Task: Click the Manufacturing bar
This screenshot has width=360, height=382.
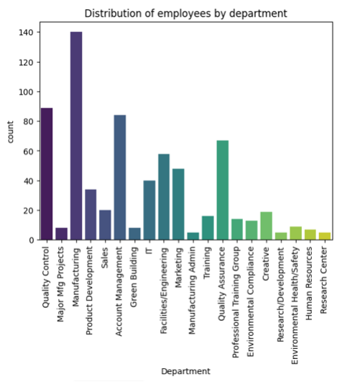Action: (x=76, y=136)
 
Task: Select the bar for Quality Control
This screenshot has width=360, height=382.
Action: (x=47, y=174)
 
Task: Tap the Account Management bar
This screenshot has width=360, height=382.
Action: (x=120, y=178)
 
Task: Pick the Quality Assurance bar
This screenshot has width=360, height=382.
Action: (x=223, y=190)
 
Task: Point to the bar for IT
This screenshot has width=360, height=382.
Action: (x=149, y=210)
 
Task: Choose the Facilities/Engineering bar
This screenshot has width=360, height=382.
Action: (x=164, y=197)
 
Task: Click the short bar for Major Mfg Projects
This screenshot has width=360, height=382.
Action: (x=61, y=234)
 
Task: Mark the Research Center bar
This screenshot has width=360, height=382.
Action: (x=325, y=236)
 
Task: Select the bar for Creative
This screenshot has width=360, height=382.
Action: (x=267, y=226)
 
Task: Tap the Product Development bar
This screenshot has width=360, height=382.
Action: (x=91, y=214)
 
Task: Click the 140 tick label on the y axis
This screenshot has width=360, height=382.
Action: (x=26, y=32)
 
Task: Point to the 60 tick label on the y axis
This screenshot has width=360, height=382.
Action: (x=28, y=151)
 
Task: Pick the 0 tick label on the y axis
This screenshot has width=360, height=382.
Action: (x=32, y=240)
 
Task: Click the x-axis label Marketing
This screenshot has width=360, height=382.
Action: (x=179, y=268)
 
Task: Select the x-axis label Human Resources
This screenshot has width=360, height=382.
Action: (x=309, y=283)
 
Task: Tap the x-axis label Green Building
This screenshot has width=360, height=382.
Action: (x=134, y=277)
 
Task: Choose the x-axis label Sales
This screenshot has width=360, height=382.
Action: (x=105, y=258)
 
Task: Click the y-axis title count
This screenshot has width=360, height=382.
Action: (x=10, y=132)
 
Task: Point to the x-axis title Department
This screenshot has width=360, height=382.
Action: (x=185, y=371)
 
